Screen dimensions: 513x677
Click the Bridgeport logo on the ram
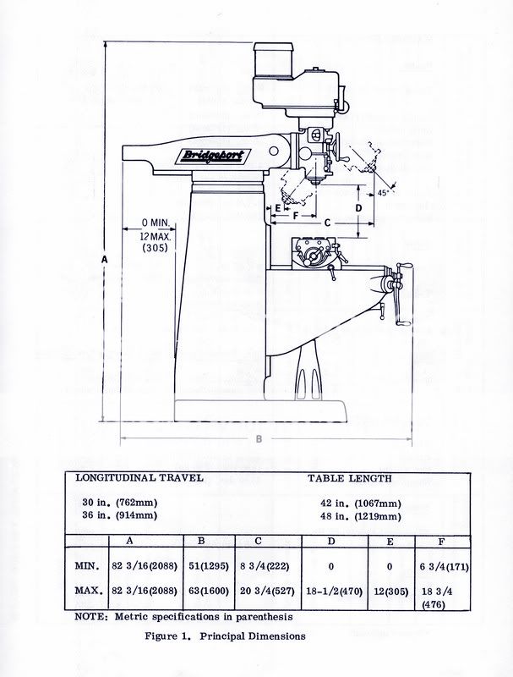213,156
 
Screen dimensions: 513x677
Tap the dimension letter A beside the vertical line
104,260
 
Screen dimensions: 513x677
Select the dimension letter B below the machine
259,439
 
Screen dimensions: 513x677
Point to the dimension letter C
328,223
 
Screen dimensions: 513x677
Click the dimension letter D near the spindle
358,207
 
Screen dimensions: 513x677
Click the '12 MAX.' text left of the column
156,237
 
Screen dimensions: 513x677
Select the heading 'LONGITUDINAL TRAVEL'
139,478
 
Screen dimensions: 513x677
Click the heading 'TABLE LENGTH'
350,478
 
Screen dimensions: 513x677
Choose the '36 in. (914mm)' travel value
120,515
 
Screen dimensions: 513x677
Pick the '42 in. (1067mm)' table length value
361,504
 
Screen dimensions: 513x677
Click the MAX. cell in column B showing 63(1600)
209,591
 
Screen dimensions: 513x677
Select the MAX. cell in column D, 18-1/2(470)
335,591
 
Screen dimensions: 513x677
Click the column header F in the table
441,542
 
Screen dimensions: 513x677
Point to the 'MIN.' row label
88,565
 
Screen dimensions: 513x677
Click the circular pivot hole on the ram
273,151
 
